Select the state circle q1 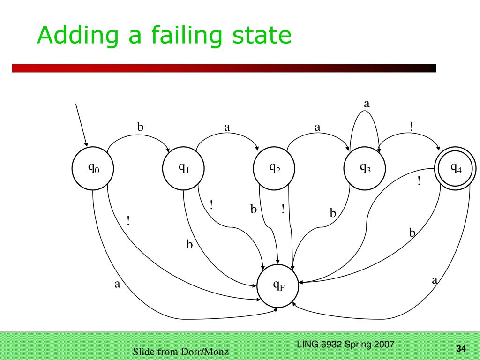183,168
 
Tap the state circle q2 274,168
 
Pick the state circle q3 365,168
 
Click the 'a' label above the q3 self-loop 367,104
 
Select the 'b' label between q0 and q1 140,127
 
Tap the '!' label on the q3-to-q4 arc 411,127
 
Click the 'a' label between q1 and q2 227,127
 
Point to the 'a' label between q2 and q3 317,127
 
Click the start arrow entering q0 81,124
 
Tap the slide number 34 461,348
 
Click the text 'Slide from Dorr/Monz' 181,352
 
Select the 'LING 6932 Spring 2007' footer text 345,345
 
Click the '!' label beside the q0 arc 128,220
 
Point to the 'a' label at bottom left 118,284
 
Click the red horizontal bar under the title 224,68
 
